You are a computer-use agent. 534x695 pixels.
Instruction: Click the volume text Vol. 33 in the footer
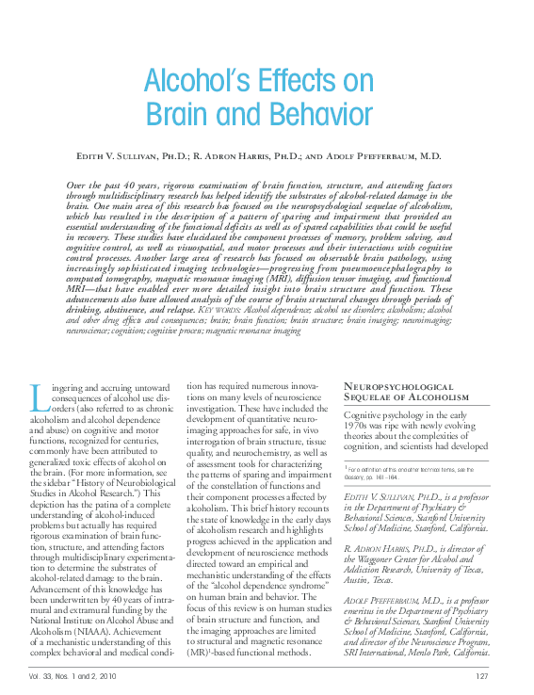40,677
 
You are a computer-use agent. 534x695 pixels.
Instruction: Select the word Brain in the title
181,115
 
